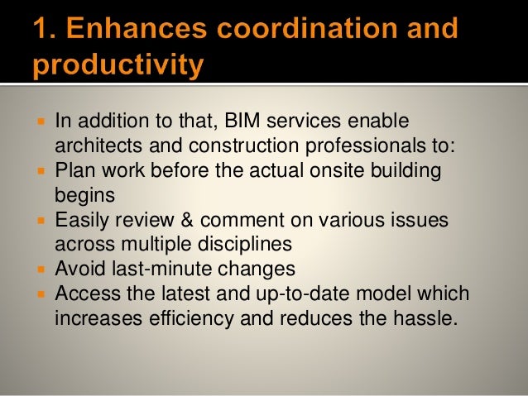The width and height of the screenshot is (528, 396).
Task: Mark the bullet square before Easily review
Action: (x=41, y=221)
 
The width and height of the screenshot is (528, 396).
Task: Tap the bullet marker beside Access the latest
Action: (x=41, y=293)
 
